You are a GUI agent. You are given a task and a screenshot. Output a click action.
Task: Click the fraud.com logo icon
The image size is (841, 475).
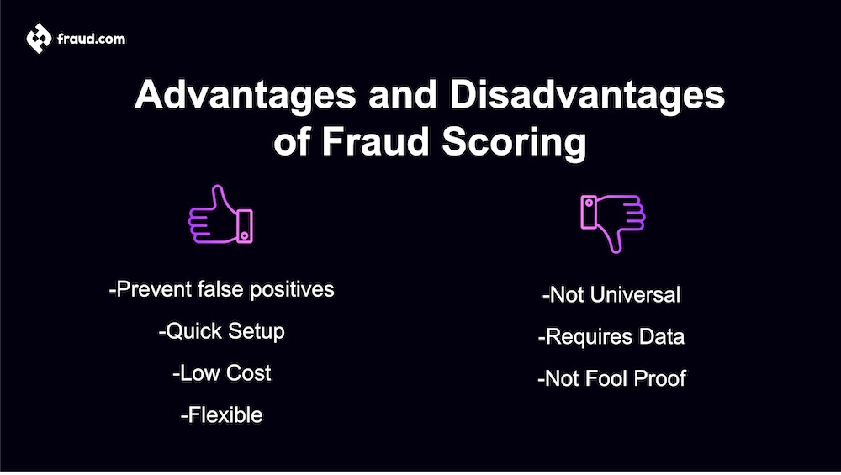[x=38, y=38]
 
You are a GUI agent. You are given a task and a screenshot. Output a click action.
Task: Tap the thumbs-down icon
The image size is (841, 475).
[x=611, y=220]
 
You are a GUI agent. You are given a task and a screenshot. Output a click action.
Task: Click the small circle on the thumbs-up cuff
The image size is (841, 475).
[x=243, y=235]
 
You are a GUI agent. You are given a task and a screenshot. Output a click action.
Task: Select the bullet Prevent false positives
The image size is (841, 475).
[x=222, y=289]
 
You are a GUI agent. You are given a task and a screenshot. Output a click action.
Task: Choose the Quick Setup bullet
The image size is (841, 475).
[x=222, y=331]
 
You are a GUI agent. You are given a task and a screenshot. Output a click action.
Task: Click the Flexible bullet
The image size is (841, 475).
[x=222, y=415]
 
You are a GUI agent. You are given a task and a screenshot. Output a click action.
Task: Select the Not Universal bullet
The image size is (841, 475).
[x=611, y=295]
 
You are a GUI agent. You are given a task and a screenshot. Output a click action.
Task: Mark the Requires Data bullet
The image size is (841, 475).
[x=611, y=337]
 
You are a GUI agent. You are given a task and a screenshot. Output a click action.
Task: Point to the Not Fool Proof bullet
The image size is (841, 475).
[x=611, y=379]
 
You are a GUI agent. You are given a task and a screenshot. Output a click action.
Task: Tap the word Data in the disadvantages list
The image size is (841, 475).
[x=662, y=337]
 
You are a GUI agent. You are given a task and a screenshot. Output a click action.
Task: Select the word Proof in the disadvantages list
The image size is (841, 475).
[x=659, y=379]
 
